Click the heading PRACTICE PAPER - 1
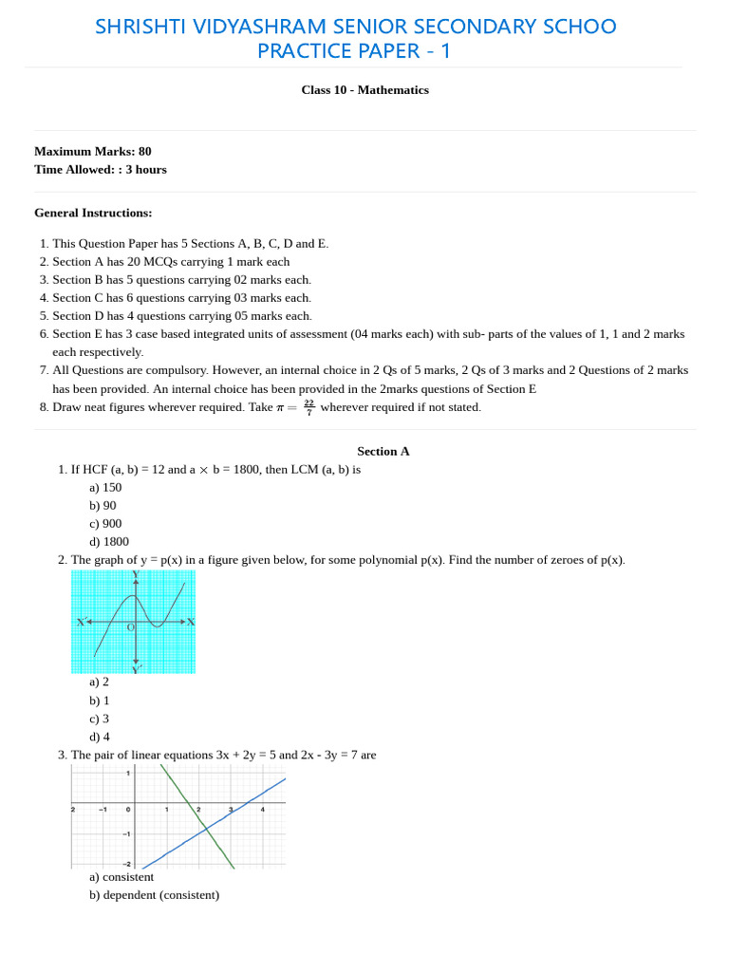click(x=354, y=51)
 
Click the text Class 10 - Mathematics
click(x=364, y=90)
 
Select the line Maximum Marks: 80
click(x=93, y=151)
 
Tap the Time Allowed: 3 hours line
click(x=101, y=170)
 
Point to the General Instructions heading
click(x=93, y=213)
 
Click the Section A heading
click(x=383, y=452)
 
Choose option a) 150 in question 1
click(x=105, y=488)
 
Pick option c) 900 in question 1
click(x=105, y=524)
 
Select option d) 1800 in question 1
click(x=109, y=542)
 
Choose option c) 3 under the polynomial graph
click(x=100, y=719)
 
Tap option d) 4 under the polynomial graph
click(x=100, y=737)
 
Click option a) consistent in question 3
click(x=121, y=877)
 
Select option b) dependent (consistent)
click(x=154, y=895)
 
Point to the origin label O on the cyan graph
click(x=130, y=627)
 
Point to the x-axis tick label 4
click(x=263, y=810)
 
